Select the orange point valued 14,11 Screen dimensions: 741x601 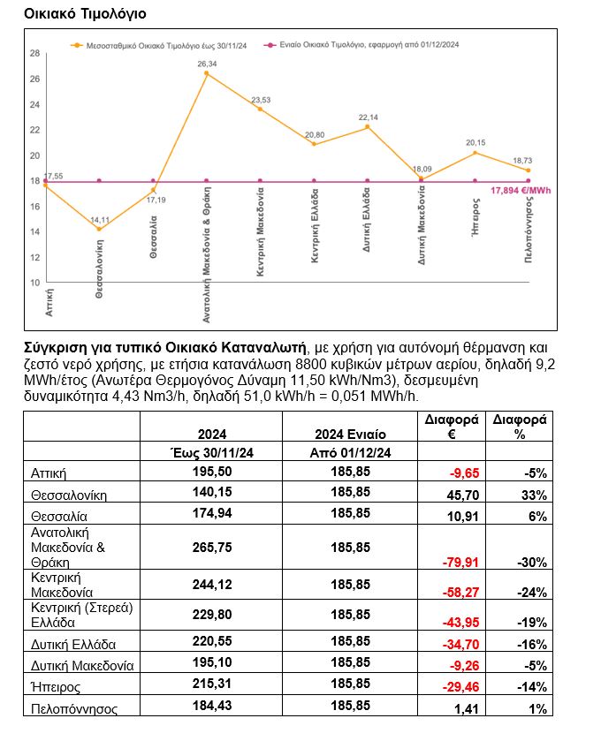coord(99,230)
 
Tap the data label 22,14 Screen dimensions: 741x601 coord(368,117)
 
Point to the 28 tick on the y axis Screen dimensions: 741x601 coord(35,53)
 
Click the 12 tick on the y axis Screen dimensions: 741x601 coord(35,257)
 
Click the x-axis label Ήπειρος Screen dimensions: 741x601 coord(475,253)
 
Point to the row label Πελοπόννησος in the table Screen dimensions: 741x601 coord(73,708)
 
